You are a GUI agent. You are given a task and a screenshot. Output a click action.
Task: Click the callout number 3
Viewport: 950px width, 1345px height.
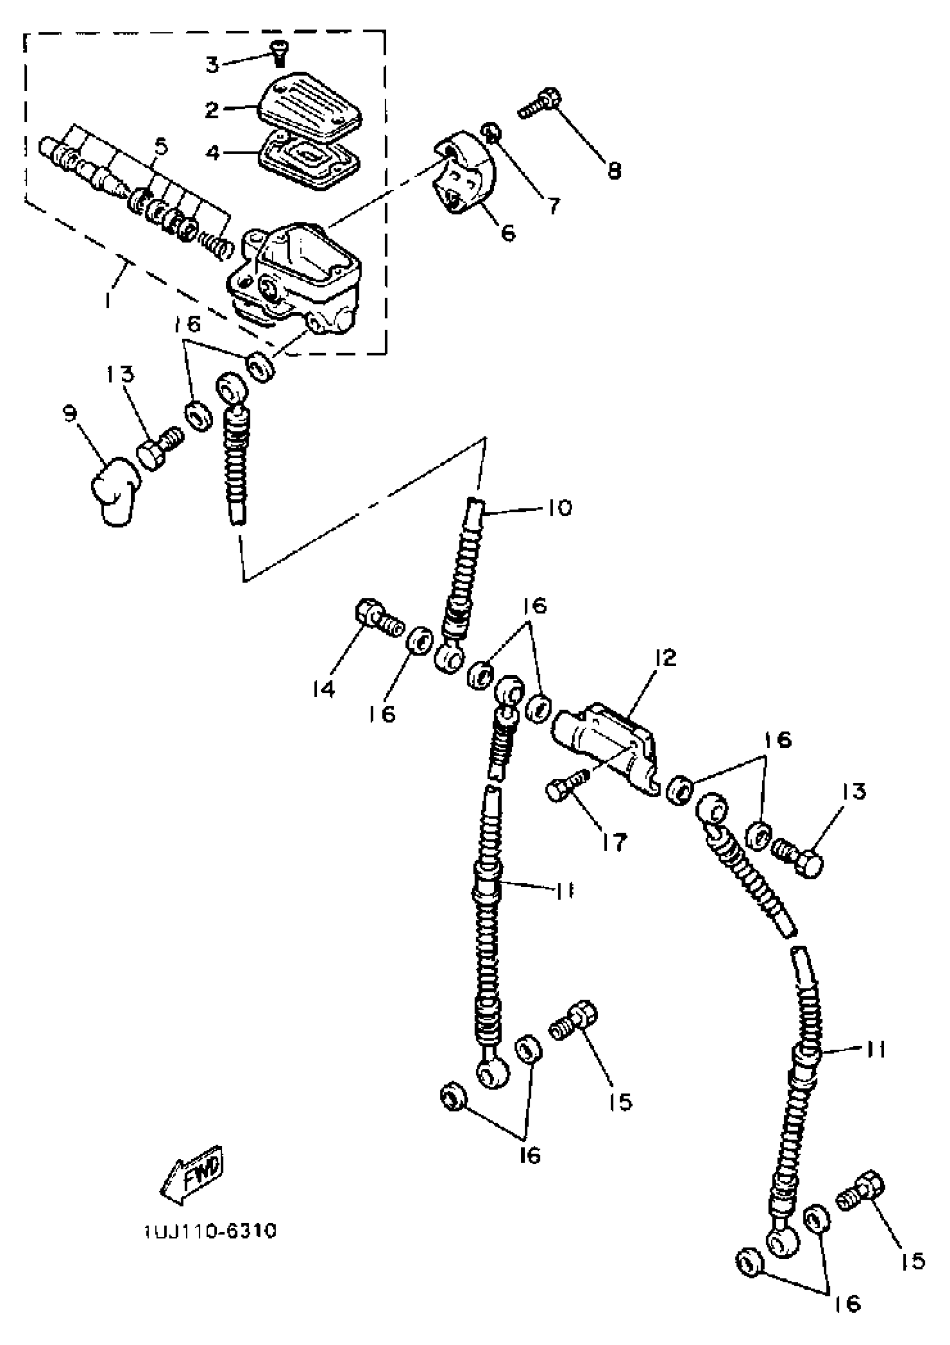(x=212, y=64)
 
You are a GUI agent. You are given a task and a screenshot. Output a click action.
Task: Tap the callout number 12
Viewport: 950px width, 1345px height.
(x=667, y=658)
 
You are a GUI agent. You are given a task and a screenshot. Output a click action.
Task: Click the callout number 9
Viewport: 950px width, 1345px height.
(x=70, y=414)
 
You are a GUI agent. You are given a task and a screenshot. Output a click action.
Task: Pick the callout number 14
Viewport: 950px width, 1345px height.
(x=322, y=689)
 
